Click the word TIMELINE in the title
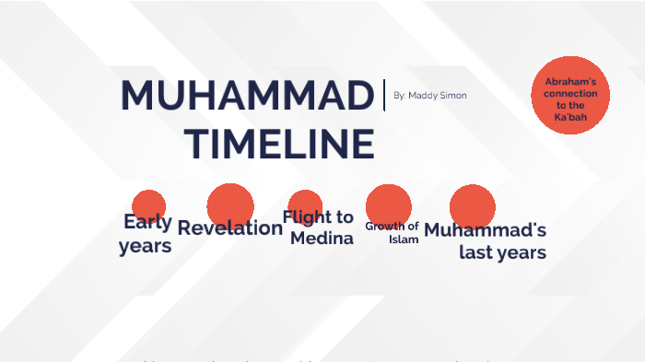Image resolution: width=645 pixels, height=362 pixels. (x=279, y=144)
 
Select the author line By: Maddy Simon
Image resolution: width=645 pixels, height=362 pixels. (x=429, y=96)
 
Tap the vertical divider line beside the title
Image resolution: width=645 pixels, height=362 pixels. (x=384, y=95)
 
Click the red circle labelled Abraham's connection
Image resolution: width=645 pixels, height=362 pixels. (x=570, y=95)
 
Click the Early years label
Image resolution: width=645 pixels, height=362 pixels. (x=146, y=234)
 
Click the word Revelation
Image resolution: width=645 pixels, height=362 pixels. (x=229, y=228)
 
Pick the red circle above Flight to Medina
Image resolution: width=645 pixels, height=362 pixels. (x=304, y=205)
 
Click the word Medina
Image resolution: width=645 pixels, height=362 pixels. (x=322, y=239)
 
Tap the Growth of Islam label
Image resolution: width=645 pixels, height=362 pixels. (x=393, y=232)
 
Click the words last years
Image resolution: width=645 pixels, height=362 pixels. (x=502, y=252)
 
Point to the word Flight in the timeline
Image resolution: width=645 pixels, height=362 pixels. (x=306, y=217)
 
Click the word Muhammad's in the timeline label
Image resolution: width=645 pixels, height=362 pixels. (x=485, y=230)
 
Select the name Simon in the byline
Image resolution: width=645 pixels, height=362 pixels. (x=452, y=96)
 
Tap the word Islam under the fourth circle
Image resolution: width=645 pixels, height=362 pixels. (x=404, y=239)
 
